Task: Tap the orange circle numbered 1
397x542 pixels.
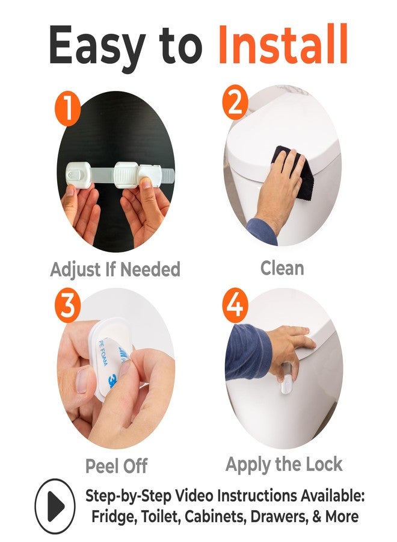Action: pos(67,109)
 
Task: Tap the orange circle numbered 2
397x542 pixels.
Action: pos(235,103)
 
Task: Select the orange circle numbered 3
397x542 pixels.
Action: pos(67,305)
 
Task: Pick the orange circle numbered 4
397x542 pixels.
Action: pos(235,304)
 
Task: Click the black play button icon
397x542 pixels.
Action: pos(55,506)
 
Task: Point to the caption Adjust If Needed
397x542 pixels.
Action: pos(115,270)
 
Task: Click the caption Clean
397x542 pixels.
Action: pos(282,268)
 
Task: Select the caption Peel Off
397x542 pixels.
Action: pos(116,466)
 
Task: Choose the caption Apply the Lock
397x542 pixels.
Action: pos(284,464)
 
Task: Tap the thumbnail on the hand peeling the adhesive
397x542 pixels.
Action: pos(82,380)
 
